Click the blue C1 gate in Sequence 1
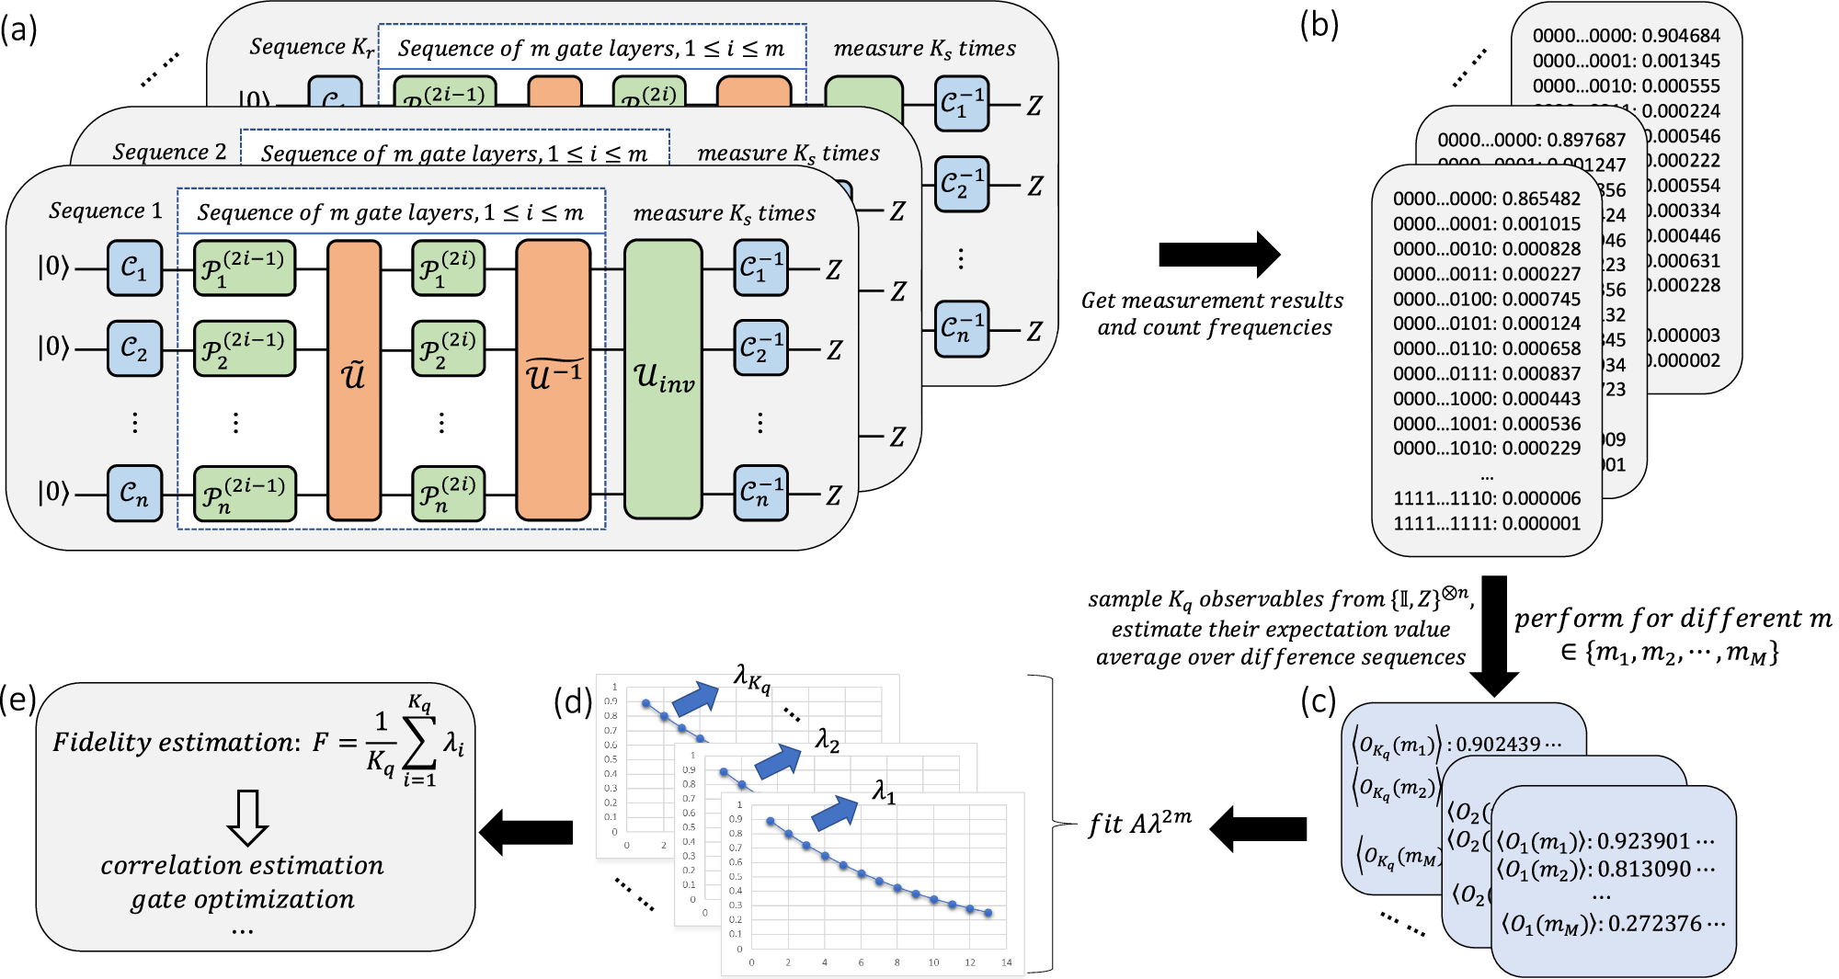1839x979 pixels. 134,268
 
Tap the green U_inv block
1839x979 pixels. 663,379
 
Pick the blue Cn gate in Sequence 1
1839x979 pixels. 134,494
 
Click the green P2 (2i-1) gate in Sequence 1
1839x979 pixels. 244,349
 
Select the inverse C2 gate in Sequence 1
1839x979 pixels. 760,349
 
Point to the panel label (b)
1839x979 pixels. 1319,25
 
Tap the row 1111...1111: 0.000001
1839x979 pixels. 1486,524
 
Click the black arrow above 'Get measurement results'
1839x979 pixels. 1219,255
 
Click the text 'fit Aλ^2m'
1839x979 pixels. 1140,823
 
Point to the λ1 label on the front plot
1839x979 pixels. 884,791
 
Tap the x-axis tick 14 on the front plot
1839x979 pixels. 1006,962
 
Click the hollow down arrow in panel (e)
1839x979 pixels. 247,817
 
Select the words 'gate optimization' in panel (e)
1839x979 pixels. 242,899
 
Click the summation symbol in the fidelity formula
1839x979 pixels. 418,744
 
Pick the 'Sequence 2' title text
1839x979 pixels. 169,153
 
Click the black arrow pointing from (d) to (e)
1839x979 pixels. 526,833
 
